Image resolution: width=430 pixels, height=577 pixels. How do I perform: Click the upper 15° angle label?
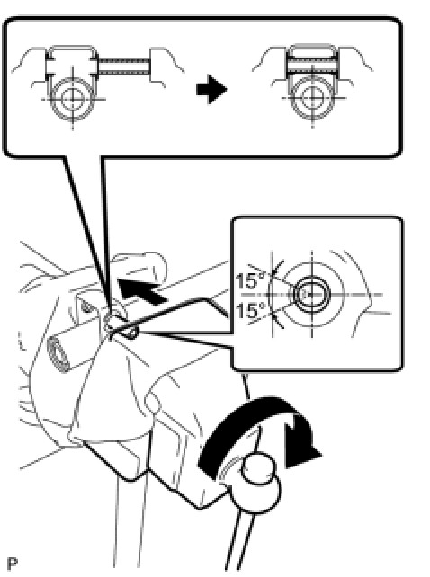(x=251, y=280)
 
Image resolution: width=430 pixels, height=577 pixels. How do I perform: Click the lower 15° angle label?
(x=251, y=311)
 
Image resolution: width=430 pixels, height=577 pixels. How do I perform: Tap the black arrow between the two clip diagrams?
(x=212, y=89)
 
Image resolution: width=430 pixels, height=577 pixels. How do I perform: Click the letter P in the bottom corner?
(x=13, y=564)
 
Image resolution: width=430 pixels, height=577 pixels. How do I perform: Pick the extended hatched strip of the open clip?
(x=124, y=67)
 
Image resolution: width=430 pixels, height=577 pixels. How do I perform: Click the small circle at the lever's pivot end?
(x=258, y=468)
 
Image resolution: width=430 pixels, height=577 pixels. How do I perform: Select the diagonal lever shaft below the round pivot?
(x=239, y=541)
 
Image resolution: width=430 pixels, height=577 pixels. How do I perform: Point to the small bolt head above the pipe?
(x=85, y=306)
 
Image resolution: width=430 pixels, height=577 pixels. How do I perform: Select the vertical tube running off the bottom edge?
(x=128, y=522)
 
